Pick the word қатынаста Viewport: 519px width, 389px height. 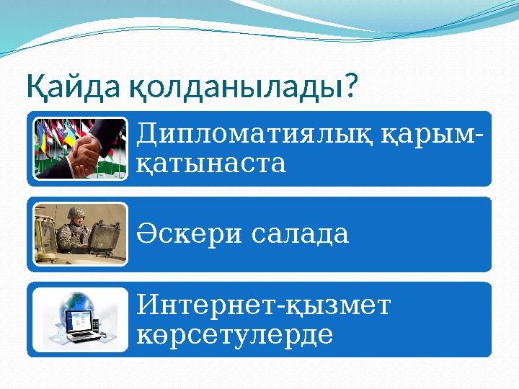(x=210, y=163)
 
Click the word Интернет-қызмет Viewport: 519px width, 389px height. (x=263, y=305)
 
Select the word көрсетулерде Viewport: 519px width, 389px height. (x=234, y=334)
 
